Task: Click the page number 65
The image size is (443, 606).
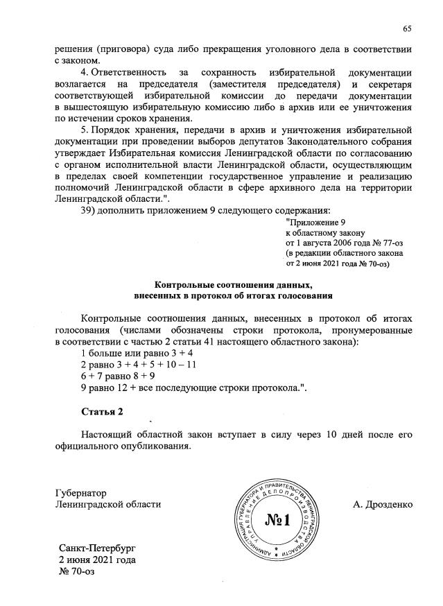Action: (408, 28)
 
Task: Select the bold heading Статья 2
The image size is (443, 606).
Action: (102, 412)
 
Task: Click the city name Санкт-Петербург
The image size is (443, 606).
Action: (98, 548)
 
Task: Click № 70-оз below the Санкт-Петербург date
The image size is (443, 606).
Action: (76, 572)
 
